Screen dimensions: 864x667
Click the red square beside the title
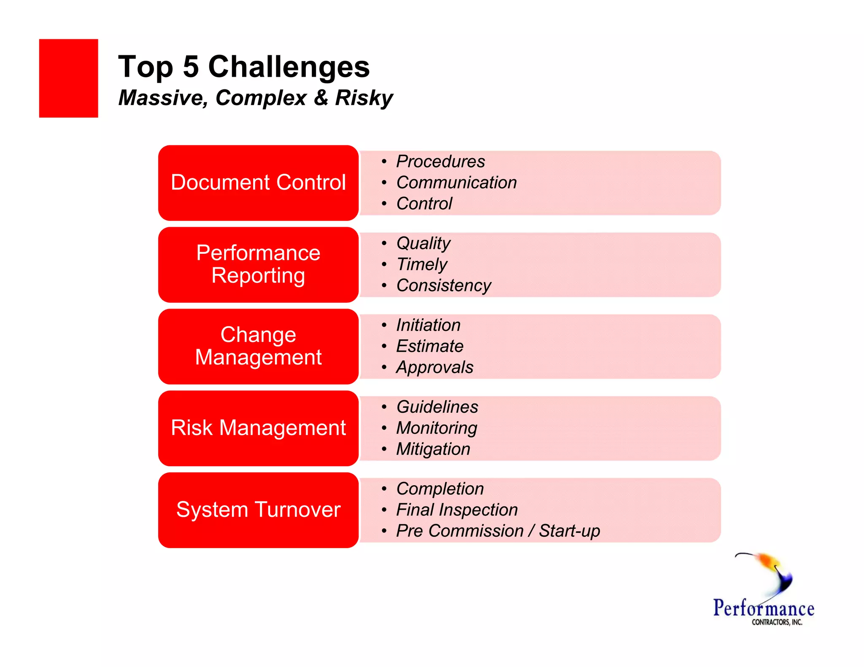pyautogui.click(x=68, y=78)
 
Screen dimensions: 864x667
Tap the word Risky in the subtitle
pyautogui.click(x=364, y=98)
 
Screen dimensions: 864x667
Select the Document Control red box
pyautogui.click(x=258, y=183)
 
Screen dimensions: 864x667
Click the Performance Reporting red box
pyautogui.click(x=258, y=264)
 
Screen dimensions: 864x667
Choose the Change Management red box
pyautogui.click(x=258, y=346)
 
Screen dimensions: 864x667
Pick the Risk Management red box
pyautogui.click(x=258, y=428)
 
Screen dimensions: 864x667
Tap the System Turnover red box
pyautogui.click(x=258, y=510)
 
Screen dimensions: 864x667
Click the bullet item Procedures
pyautogui.click(x=440, y=161)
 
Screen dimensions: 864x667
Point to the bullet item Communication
pyautogui.click(x=456, y=183)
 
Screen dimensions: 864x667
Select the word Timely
pyautogui.click(x=421, y=264)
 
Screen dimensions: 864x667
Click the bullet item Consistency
pyautogui.click(x=444, y=285)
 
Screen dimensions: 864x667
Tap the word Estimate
pyautogui.click(x=429, y=346)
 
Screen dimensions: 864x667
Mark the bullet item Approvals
pyautogui.click(x=435, y=367)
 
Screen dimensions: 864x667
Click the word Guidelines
pyautogui.click(x=437, y=407)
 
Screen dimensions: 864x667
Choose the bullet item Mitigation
pyautogui.click(x=433, y=449)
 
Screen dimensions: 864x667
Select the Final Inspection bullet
pyautogui.click(x=456, y=510)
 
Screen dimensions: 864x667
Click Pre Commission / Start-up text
pyautogui.click(x=498, y=531)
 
